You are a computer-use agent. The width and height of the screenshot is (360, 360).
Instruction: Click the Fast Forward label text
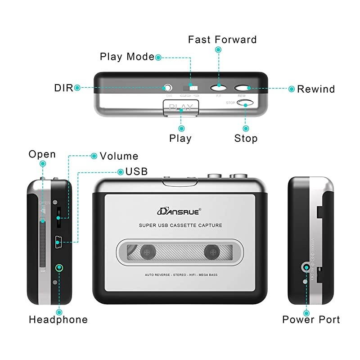point(222,40)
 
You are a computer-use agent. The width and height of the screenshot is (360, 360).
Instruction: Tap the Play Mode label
point(127,57)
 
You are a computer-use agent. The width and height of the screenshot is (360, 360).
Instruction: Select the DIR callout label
point(63,88)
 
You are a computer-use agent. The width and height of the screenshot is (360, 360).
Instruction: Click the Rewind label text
point(316,89)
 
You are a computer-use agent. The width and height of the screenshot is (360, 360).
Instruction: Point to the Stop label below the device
point(246,138)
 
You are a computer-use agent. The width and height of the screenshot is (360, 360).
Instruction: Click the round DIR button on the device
point(168,88)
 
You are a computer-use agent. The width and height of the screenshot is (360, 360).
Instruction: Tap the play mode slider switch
point(189,87)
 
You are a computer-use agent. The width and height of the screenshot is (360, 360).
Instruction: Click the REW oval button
point(242,88)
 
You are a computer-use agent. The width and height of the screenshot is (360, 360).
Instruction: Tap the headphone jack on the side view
point(58,268)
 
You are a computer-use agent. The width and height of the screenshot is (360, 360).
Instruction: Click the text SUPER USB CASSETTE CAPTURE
point(180,225)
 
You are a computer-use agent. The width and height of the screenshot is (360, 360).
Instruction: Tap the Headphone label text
point(58,320)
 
